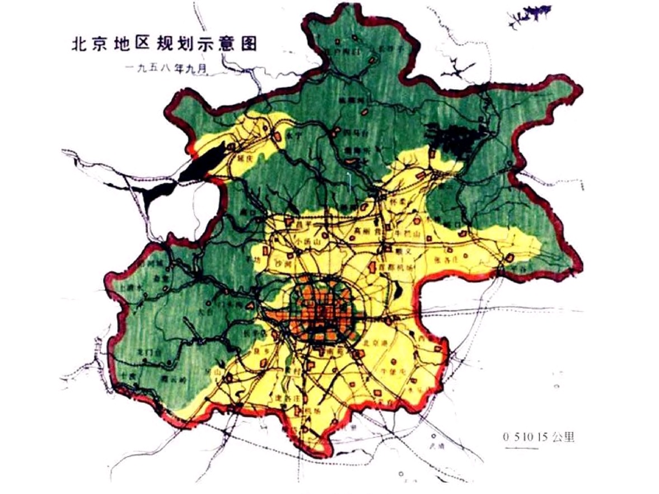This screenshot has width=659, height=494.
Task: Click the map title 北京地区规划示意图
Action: pos(164,45)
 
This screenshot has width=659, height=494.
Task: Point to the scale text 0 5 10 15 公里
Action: pos(538,437)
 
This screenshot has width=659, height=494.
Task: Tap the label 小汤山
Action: pos(303,242)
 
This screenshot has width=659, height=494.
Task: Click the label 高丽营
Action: pos(366,230)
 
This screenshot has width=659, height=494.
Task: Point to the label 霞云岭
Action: pos(170,379)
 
